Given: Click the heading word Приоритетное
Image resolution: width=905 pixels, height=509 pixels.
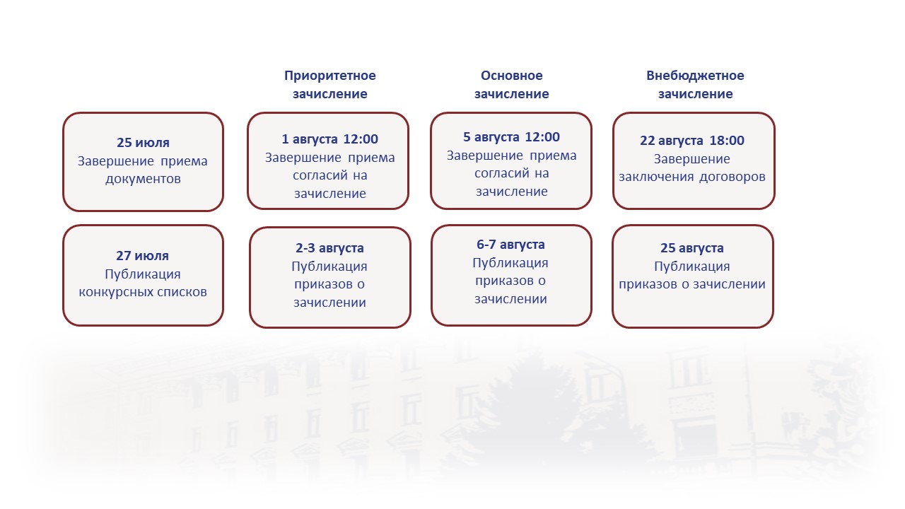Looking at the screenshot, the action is tap(329, 76).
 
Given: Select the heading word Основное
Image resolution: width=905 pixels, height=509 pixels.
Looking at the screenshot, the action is tap(511, 76).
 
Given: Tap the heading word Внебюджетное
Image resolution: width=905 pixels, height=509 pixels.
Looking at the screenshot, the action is tap(695, 76).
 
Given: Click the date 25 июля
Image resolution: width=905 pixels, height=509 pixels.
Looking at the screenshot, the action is tap(143, 143).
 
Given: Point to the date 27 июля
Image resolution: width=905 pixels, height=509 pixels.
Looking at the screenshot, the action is tap(143, 256).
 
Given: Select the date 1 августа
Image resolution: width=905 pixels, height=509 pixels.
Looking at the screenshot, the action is tap(310, 139).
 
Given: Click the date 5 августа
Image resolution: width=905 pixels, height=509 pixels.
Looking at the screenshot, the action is tap(491, 137).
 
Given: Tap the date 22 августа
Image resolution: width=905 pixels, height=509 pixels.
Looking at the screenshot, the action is tap(672, 141).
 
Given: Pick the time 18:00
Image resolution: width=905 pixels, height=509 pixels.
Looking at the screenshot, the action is tap(727, 141).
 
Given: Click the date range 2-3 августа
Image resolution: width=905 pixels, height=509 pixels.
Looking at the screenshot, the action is tap(329, 248).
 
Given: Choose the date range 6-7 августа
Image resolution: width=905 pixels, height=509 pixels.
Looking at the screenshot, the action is tap(510, 245).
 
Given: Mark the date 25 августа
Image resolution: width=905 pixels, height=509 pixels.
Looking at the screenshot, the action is tap(692, 248).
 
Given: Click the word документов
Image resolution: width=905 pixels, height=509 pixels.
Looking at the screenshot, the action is tap(143, 179).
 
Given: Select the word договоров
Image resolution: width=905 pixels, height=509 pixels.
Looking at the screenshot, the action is tap(732, 177).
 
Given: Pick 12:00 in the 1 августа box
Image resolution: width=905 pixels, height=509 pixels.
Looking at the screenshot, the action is tap(361, 139).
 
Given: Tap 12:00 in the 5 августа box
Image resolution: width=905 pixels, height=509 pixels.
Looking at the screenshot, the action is tap(542, 137).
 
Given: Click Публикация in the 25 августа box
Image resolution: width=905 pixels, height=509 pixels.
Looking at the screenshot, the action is tap(692, 267).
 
